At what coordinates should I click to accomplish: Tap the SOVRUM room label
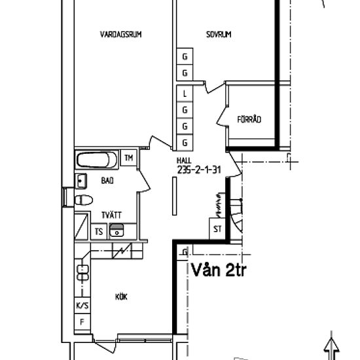pyautogui.click(x=219, y=34)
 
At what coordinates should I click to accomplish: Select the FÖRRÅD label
pyautogui.click(x=249, y=119)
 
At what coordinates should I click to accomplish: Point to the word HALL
pyautogui.click(x=184, y=160)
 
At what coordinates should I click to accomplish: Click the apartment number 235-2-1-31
pyautogui.click(x=196, y=169)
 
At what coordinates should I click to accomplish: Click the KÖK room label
pyautogui.click(x=121, y=297)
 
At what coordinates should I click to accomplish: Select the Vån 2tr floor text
pyautogui.click(x=218, y=270)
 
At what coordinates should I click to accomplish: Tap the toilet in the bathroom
pyautogui.click(x=82, y=200)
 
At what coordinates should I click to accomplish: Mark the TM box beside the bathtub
pyautogui.click(x=129, y=158)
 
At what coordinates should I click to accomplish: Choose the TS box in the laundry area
pyautogui.click(x=99, y=231)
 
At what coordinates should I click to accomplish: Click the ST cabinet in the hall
pyautogui.click(x=217, y=229)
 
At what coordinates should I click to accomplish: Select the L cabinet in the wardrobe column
pyautogui.click(x=185, y=94)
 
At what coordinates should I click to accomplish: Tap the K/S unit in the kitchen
pyautogui.click(x=82, y=306)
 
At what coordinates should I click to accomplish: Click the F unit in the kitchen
pyautogui.click(x=82, y=322)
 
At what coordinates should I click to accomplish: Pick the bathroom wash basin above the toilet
pyautogui.click(x=82, y=180)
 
